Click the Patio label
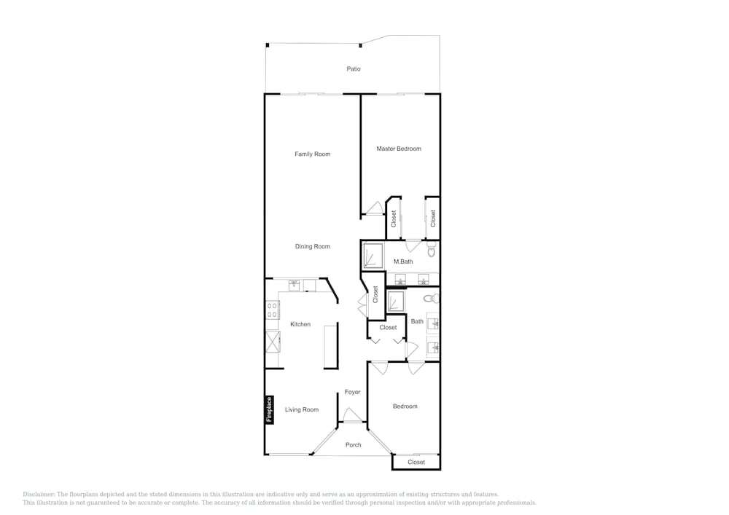click(354, 69)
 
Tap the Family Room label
click(313, 154)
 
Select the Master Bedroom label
click(399, 149)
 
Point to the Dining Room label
click(313, 247)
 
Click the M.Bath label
click(403, 262)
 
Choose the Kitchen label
click(300, 324)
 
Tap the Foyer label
click(352, 392)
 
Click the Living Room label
click(302, 409)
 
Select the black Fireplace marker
click(269, 409)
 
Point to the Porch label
click(354, 445)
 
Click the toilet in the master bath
click(432, 250)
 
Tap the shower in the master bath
click(373, 256)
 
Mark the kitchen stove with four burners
click(273, 310)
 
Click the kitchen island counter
click(330, 347)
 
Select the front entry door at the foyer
click(352, 415)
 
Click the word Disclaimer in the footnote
click(39, 495)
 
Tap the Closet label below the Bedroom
click(416, 462)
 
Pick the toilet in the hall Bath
click(432, 298)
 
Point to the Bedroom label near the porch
click(405, 406)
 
